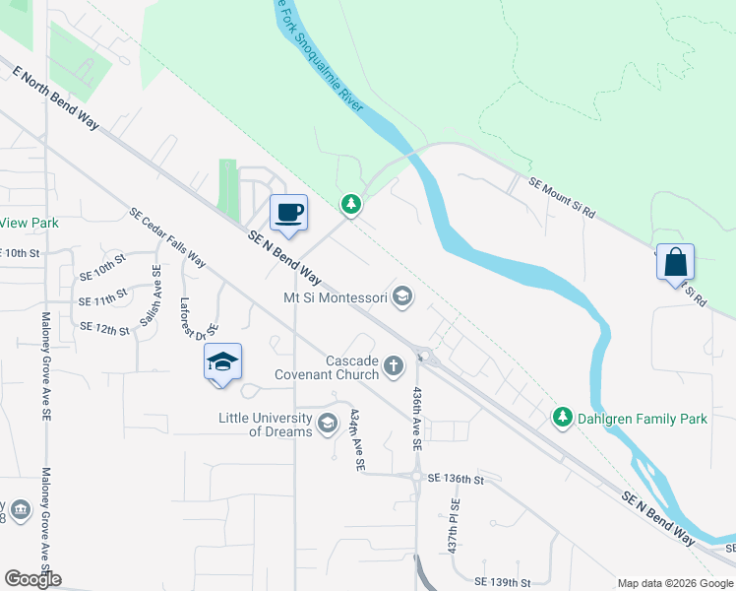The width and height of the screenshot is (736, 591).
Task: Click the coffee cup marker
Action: tap(288, 213)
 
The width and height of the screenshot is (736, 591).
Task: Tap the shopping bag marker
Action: tap(675, 262)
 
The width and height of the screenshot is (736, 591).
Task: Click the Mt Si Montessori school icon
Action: tap(401, 295)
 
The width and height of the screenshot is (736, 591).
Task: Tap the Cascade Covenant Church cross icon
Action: tap(393, 367)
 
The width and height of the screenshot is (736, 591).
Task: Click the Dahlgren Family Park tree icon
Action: tap(562, 418)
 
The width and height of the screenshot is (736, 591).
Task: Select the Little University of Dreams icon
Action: tap(328, 425)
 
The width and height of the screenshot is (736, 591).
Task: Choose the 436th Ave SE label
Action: tap(416, 419)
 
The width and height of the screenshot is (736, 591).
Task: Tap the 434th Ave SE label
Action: tap(359, 438)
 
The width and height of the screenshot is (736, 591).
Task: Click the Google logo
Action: tap(31, 579)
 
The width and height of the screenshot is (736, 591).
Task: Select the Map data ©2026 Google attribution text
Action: tap(674, 582)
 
